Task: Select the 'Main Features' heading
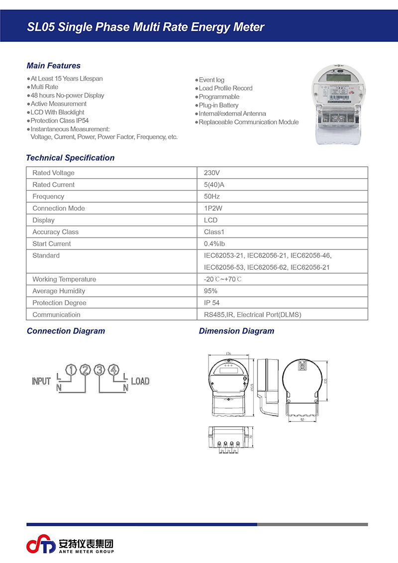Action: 53,66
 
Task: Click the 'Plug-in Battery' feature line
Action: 218,105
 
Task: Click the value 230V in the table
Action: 212,173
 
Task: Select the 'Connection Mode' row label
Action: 59,209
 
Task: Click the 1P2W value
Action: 213,209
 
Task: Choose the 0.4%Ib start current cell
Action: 215,244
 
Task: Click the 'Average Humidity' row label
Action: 59,291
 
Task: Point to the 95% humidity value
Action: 211,291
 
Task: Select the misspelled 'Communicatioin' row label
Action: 56,315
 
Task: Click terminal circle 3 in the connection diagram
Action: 99,370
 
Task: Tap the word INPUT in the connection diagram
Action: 41,381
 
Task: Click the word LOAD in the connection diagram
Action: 140,381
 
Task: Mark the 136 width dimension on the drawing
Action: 228,353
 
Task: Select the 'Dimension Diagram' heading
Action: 236,331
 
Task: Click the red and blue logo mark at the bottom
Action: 41,545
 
